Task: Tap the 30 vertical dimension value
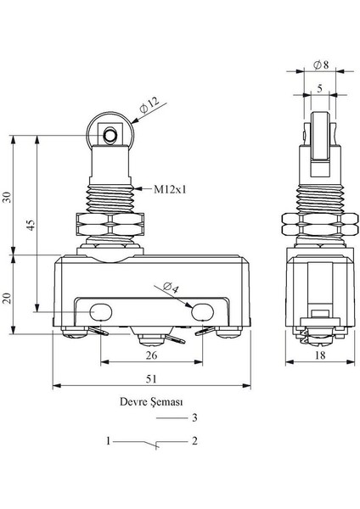[8, 197]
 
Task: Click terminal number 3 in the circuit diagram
[194, 418]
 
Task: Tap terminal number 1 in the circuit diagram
[108, 441]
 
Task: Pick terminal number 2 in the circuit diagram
[194, 441]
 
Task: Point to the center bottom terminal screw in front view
[149, 338]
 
